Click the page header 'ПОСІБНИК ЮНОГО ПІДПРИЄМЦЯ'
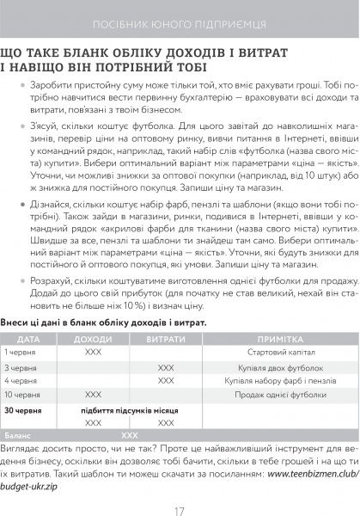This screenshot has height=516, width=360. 180,20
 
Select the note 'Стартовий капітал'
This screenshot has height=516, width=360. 279,353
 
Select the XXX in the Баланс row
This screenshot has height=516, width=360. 129,436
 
